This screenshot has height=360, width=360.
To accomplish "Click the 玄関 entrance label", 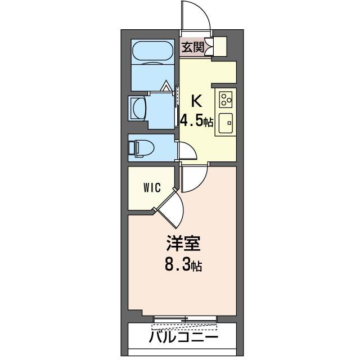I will point(192,48).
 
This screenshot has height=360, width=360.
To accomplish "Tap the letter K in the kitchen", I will point(196,101).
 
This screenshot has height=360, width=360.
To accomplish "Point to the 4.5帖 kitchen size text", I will point(196,120).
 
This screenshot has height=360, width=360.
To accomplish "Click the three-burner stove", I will point(227,100).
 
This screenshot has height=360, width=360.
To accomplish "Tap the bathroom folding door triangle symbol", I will point(166,87).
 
